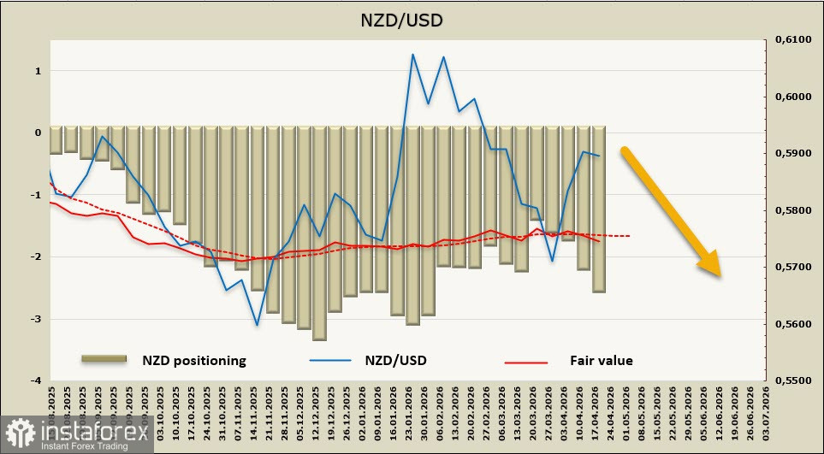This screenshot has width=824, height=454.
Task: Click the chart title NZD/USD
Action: pos(412,19)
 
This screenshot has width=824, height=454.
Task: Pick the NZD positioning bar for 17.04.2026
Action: pos(598,209)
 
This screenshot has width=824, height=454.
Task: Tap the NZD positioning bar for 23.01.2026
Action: pos(412,226)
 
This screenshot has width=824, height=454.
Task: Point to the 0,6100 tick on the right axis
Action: pos(788,40)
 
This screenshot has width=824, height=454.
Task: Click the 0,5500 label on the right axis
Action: pos(788,380)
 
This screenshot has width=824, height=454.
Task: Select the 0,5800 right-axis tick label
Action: pos(788,210)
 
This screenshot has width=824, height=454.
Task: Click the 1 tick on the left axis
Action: pos(38,71)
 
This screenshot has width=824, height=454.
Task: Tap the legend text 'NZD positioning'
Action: pos(194,361)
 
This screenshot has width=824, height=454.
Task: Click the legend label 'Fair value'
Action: pos(602,361)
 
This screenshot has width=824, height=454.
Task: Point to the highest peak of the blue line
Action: pos(412,55)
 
